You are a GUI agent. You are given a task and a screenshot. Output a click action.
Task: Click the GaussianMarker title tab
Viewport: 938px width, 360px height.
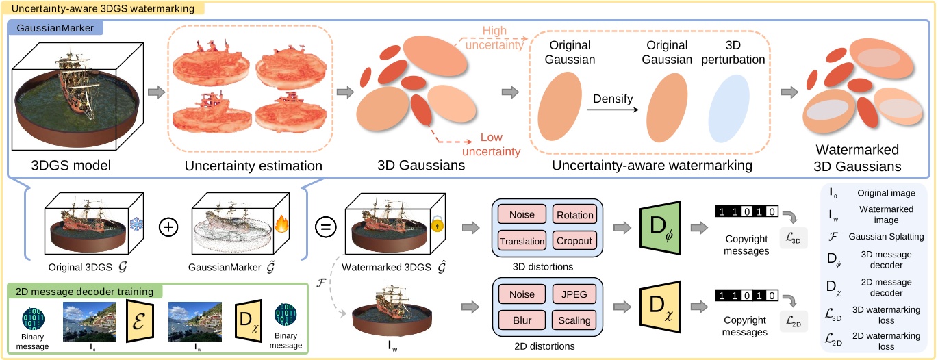tap(55, 28)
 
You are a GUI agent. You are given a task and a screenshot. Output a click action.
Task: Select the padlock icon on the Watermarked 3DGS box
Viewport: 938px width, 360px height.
tap(438, 224)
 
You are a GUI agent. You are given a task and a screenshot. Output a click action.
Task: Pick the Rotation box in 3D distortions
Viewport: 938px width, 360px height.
tap(575, 215)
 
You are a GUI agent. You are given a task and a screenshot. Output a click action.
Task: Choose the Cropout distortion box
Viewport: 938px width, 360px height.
tap(575, 241)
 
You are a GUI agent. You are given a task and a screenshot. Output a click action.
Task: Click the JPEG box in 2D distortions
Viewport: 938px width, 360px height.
tap(575, 294)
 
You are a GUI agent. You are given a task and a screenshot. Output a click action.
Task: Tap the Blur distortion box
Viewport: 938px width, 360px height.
tap(522, 320)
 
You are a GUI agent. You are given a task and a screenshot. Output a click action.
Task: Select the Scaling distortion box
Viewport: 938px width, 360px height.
tap(575, 320)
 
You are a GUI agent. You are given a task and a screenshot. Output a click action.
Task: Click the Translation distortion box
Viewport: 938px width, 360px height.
tap(522, 241)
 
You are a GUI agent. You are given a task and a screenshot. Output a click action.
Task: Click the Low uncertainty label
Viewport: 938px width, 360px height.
tap(492, 144)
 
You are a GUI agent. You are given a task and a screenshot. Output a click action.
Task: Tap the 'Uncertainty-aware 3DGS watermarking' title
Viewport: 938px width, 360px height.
tap(102, 8)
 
